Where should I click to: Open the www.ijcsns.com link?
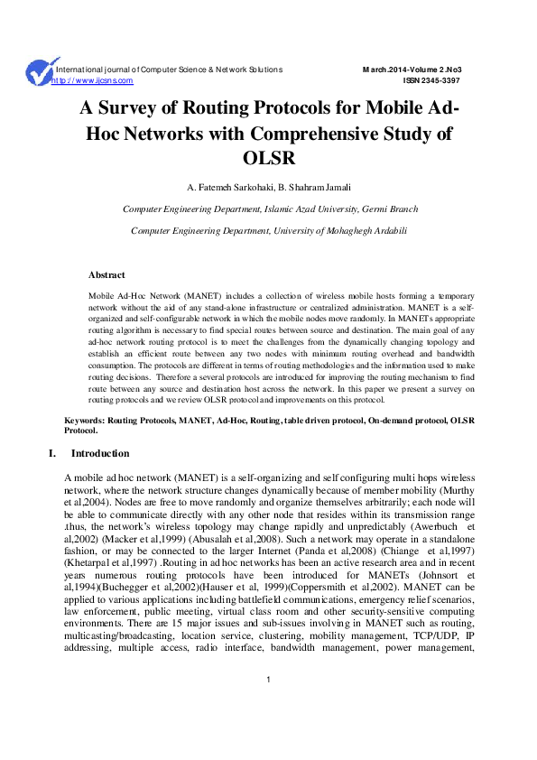pos(95,80)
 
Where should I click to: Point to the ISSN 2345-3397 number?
pos(436,80)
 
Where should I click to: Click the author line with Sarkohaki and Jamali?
pos(269,188)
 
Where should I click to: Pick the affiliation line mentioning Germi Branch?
pos(269,209)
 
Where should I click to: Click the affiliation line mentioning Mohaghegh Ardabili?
pos(269,230)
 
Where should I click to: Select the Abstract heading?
pos(106,274)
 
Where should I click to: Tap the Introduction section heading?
pos(100,453)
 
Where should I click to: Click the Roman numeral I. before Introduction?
pos(52,453)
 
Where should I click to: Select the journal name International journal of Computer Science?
pos(170,70)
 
